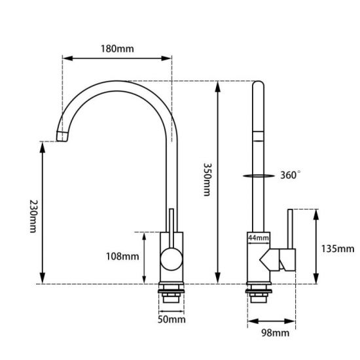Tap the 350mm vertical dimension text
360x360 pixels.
[x=206, y=180]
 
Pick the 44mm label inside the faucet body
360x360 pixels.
[x=259, y=238]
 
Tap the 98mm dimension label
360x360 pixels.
[x=270, y=334]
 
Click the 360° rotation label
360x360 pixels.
[x=291, y=175]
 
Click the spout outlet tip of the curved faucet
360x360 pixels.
[x=62, y=136]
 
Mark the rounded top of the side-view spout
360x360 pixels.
[x=258, y=83]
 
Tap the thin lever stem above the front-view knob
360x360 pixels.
[x=171, y=226]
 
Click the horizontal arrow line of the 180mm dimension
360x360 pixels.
[x=117, y=58]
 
